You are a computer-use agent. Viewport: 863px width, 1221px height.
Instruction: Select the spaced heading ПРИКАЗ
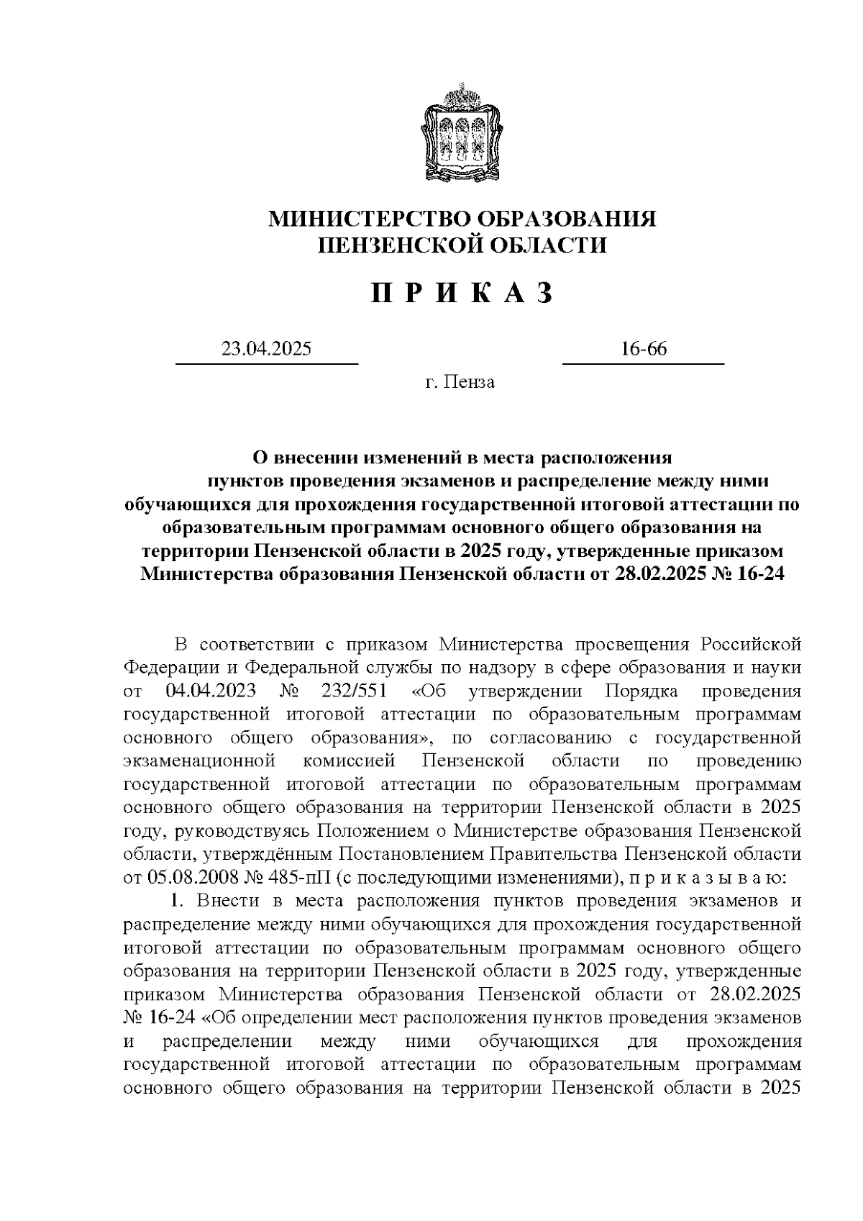coord(462,293)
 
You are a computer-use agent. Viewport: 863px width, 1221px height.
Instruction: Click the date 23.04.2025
coord(266,350)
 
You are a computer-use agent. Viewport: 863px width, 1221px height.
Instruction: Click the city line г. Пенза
coord(460,381)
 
